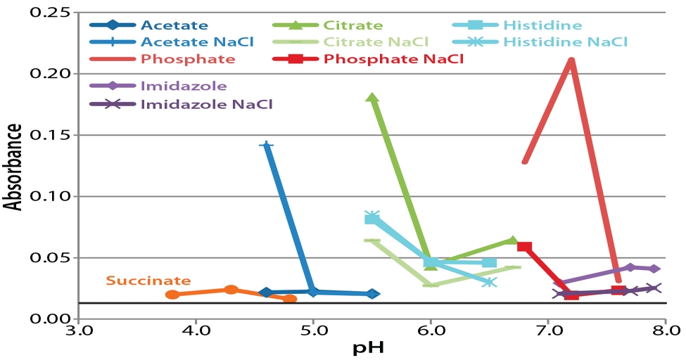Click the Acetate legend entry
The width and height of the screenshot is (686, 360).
pos(174,26)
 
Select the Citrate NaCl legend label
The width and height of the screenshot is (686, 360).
pos(370,42)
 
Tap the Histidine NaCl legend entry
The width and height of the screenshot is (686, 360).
pos(565,42)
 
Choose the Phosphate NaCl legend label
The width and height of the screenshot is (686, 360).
pos(393,59)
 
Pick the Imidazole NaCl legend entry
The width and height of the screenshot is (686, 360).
pos(206,104)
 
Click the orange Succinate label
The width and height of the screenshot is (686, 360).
pos(148,280)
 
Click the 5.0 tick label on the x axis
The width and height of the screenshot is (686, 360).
pos(313,330)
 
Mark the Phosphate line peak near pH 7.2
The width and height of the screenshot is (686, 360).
pos(571,60)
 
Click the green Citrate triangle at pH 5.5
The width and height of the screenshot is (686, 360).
pos(372,98)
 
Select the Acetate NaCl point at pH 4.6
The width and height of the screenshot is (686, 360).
pos(266,146)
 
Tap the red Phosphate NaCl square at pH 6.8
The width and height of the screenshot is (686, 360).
pos(524,246)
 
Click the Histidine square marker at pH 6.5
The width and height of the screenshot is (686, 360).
pos(489,262)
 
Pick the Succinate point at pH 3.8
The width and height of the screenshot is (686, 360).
pos(172,295)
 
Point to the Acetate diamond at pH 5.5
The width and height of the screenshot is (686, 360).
pos(372,294)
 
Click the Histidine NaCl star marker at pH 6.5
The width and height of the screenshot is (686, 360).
pos(490,282)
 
